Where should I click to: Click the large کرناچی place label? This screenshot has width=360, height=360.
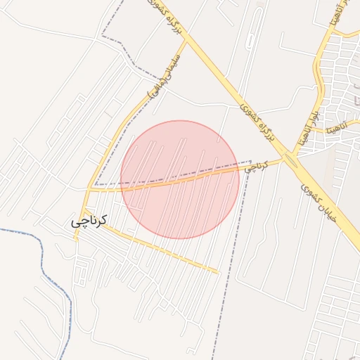click(89, 221)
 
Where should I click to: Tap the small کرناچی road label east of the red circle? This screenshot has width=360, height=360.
click(257, 167)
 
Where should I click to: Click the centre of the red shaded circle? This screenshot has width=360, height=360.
click(180, 179)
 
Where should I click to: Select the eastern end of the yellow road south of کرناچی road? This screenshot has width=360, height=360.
click(218, 271)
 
